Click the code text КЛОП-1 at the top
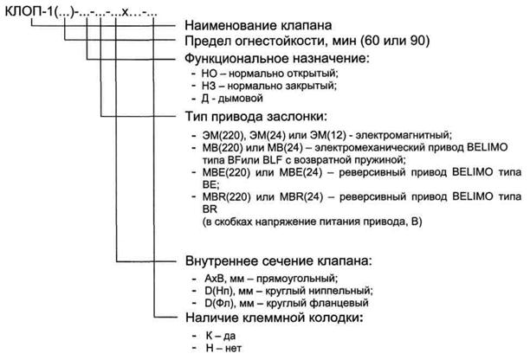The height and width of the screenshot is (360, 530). [29, 12]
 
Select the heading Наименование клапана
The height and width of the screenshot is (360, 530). [258, 25]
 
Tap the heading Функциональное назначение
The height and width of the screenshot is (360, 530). [277, 59]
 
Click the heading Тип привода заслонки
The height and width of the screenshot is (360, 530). [256, 117]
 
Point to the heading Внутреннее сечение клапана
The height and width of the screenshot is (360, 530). [278, 261]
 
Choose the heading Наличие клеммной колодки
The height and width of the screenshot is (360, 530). [275, 318]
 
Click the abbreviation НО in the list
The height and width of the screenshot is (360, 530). [210, 73]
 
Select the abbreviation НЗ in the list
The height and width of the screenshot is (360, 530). [209, 86]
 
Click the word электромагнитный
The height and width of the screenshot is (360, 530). [404, 135]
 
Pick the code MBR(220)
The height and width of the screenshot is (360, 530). [227, 196]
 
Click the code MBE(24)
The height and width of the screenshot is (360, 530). [301, 172]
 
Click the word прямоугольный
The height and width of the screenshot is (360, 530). [297, 279]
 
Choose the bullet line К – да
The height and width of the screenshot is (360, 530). [220, 336]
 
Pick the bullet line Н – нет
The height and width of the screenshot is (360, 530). [223, 348]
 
